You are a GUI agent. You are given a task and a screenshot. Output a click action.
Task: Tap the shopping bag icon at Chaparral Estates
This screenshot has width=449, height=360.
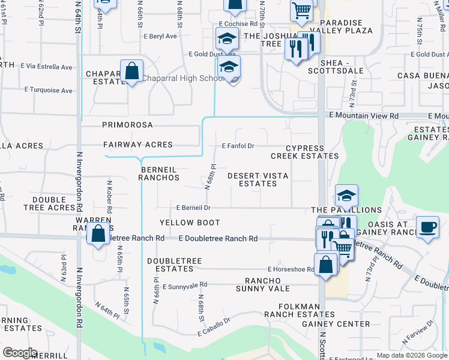click(x=131, y=71)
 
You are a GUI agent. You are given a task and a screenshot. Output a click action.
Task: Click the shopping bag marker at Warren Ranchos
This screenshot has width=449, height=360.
click(x=98, y=233)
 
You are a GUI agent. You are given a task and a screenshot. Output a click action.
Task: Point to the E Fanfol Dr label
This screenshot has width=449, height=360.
click(x=238, y=146)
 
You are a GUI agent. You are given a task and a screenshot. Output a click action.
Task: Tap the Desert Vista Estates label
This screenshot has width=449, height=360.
click(x=258, y=179)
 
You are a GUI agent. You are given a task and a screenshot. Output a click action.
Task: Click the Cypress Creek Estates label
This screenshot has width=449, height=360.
click(x=304, y=152)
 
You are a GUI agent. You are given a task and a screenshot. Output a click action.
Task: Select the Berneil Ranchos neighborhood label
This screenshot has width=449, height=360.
click(x=160, y=173)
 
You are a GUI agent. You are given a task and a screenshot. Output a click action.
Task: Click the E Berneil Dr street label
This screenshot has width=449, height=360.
click(x=193, y=208)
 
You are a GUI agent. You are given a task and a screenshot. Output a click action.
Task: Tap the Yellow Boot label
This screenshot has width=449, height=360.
click(x=186, y=223)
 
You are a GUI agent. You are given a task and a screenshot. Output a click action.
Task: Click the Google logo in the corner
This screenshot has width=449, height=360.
click(x=19, y=353)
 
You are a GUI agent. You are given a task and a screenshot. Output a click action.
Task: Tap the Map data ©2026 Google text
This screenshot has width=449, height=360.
click(x=411, y=355)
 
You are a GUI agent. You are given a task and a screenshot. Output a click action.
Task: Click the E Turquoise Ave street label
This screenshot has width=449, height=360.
click(x=48, y=91)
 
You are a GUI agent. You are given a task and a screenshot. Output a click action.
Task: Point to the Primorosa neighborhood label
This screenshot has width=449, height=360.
click(x=127, y=125)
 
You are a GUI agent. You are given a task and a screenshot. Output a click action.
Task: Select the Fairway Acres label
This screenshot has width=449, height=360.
click(x=137, y=145)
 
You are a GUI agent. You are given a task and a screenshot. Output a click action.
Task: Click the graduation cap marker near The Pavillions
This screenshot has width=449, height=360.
click(x=346, y=196)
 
